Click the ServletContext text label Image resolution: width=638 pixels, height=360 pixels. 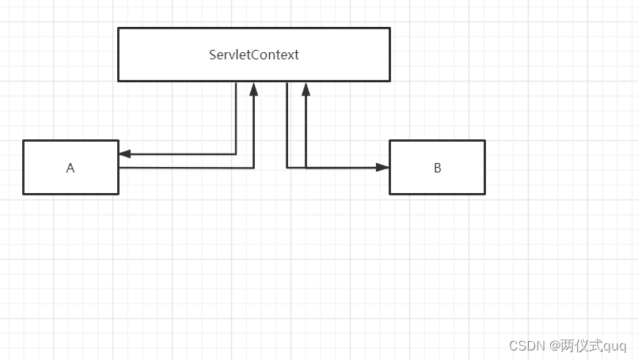(253, 55)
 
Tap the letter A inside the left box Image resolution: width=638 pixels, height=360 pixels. (70, 168)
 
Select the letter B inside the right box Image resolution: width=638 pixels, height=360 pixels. (438, 168)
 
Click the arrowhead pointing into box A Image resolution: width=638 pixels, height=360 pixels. (124, 154)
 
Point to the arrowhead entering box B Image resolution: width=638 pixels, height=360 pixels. (383, 168)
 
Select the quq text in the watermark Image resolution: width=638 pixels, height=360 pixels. (614, 347)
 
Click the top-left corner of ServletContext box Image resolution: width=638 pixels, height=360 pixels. (119, 28)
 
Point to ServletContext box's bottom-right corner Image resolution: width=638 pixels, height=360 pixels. (389, 81)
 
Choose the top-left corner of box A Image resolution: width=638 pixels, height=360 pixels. (24, 141)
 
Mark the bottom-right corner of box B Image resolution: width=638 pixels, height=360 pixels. (484, 193)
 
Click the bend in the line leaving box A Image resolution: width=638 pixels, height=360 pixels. (253, 168)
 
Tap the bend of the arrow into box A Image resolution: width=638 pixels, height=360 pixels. (236, 154)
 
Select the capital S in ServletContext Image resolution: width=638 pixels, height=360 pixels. (213, 55)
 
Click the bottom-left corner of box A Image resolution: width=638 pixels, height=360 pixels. (24, 193)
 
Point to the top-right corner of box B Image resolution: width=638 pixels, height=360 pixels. (484, 141)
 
